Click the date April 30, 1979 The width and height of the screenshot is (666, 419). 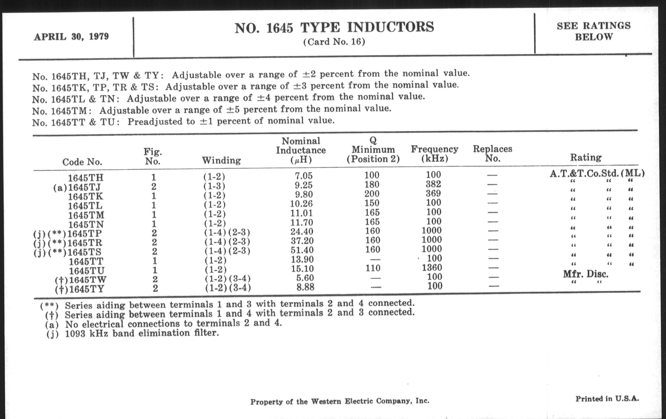click(x=71, y=36)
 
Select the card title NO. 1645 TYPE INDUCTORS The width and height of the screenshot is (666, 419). click(x=334, y=28)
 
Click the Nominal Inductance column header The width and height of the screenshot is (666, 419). click(x=301, y=150)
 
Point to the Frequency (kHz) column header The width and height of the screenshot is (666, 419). click(x=435, y=154)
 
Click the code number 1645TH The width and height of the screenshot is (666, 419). click(x=86, y=177)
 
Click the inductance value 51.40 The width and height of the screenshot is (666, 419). click(x=302, y=250)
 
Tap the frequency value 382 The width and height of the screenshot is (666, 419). click(x=433, y=184)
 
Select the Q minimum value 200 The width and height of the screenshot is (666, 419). click(x=372, y=194)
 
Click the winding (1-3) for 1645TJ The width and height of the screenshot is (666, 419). click(x=214, y=186)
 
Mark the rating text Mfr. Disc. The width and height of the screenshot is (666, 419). click(x=586, y=274)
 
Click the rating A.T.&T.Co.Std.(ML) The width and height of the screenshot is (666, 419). click(x=597, y=173)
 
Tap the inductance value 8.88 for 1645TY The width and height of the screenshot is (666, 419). click(x=305, y=287)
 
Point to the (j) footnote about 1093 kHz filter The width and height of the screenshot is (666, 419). click(x=133, y=333)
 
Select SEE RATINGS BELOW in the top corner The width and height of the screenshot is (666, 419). click(x=594, y=31)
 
